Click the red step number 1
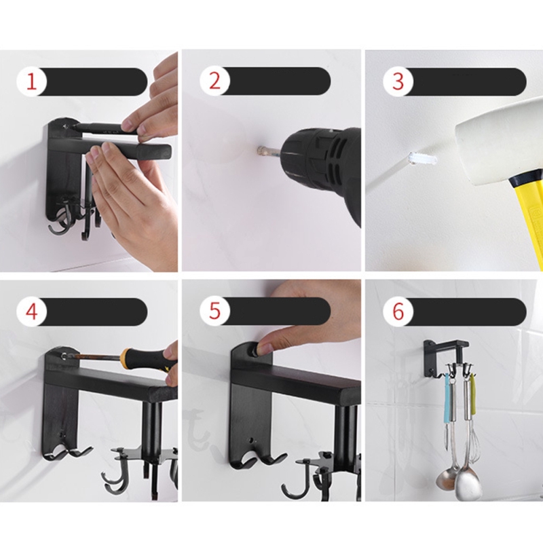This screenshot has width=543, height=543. click(x=31, y=81)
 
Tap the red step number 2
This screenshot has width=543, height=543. click(x=214, y=81)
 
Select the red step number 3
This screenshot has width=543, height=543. click(x=398, y=81)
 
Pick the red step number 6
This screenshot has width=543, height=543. click(x=398, y=312)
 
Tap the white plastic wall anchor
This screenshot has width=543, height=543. click(x=422, y=159)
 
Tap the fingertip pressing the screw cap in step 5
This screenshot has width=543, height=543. click(x=264, y=346)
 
